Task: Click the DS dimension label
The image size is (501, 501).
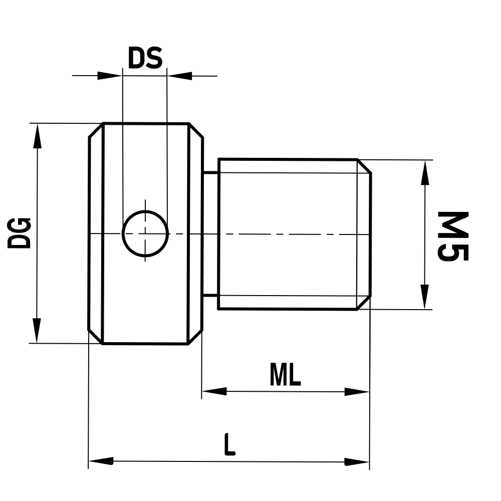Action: (145, 59)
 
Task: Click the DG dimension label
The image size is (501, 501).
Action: (20, 233)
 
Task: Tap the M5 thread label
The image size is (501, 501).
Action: (452, 235)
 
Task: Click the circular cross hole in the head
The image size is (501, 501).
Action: (145, 233)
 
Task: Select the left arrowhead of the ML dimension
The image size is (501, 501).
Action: (214, 391)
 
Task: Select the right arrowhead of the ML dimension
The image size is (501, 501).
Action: (357, 391)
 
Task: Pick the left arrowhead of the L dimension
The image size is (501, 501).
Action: (101, 461)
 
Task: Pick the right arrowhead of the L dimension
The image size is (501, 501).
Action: (357, 461)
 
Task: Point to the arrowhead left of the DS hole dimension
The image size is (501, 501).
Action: (110, 76)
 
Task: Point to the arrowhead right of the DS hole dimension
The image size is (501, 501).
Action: (180, 76)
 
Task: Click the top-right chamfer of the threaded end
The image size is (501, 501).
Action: (364, 166)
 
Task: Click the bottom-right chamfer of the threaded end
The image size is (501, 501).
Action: (364, 302)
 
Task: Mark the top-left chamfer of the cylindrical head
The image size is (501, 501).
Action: (96, 130)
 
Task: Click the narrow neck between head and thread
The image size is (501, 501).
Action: (210, 233)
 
